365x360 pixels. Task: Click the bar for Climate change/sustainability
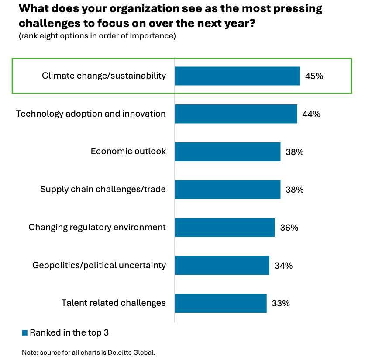(x=237, y=76)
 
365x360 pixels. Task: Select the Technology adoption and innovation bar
(x=236, y=114)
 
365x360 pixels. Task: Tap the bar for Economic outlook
(x=227, y=152)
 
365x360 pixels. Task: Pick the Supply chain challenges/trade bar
(x=227, y=190)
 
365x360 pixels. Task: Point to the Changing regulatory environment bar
(x=225, y=227)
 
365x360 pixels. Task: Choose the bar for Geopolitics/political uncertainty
(x=222, y=265)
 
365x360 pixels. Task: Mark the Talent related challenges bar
(x=220, y=303)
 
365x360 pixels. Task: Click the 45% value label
(x=314, y=76)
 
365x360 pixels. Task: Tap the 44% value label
(x=311, y=114)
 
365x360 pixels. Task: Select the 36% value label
(x=289, y=227)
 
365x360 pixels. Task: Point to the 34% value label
(x=283, y=265)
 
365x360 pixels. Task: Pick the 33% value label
(x=281, y=303)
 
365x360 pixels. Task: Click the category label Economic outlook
(x=128, y=151)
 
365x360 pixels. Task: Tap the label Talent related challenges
(x=114, y=303)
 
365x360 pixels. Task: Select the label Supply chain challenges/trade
(x=103, y=190)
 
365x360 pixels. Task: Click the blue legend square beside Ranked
(x=25, y=333)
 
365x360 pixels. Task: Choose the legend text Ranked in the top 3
(x=69, y=332)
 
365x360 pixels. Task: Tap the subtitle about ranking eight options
(x=97, y=36)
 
